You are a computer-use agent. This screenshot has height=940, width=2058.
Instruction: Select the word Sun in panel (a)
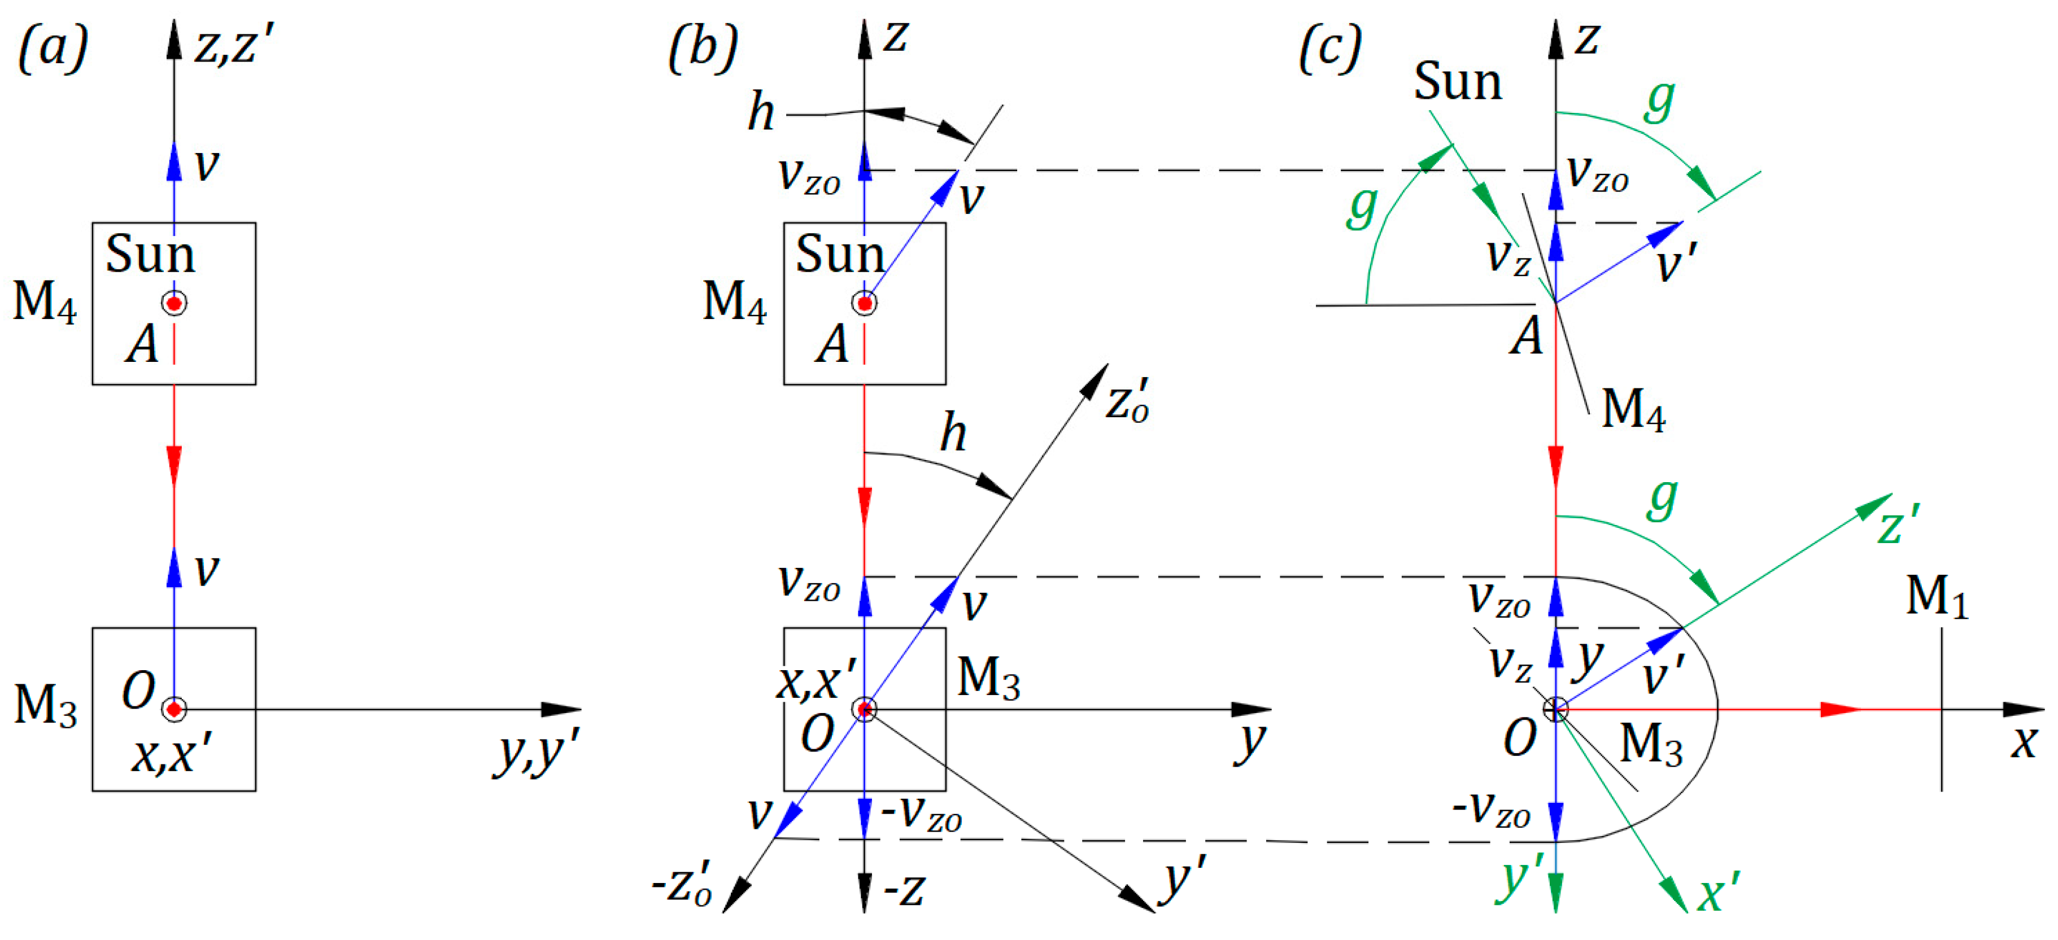pos(150,254)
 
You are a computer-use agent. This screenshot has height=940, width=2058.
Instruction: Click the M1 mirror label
pos(1937,596)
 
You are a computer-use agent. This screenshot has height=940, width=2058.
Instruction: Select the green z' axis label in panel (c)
pos(1898,526)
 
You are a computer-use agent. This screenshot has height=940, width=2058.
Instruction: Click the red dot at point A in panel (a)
pos(174,304)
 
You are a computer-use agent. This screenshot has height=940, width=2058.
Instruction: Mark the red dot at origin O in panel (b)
pos(865,709)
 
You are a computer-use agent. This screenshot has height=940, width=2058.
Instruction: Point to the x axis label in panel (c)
pos(2025,743)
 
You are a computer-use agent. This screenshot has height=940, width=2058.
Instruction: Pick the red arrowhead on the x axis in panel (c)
pos(1840,709)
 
